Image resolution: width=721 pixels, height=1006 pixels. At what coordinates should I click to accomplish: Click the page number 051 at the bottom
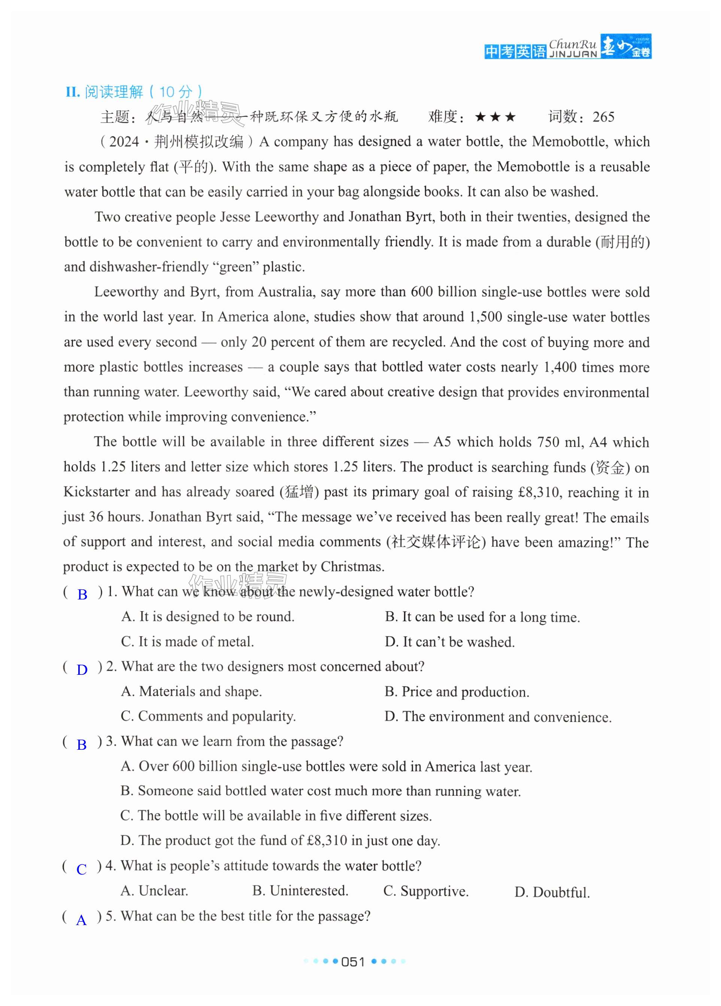353,962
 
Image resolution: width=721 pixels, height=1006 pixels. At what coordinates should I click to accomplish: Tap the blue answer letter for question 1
82,594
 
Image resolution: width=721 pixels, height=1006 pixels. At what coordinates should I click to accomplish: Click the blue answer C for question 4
82,869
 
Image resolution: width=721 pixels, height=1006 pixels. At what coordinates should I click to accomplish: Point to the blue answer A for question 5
82,921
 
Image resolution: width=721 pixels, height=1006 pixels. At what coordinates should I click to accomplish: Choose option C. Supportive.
426,891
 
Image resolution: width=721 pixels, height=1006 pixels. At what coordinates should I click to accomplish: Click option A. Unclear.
154,891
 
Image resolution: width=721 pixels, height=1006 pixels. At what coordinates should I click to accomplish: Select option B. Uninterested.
300,891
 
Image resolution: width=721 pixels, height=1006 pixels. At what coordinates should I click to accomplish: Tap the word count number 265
603,117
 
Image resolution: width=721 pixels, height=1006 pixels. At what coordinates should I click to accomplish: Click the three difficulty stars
495,117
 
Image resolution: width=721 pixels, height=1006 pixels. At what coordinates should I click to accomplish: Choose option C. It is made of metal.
187,642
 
